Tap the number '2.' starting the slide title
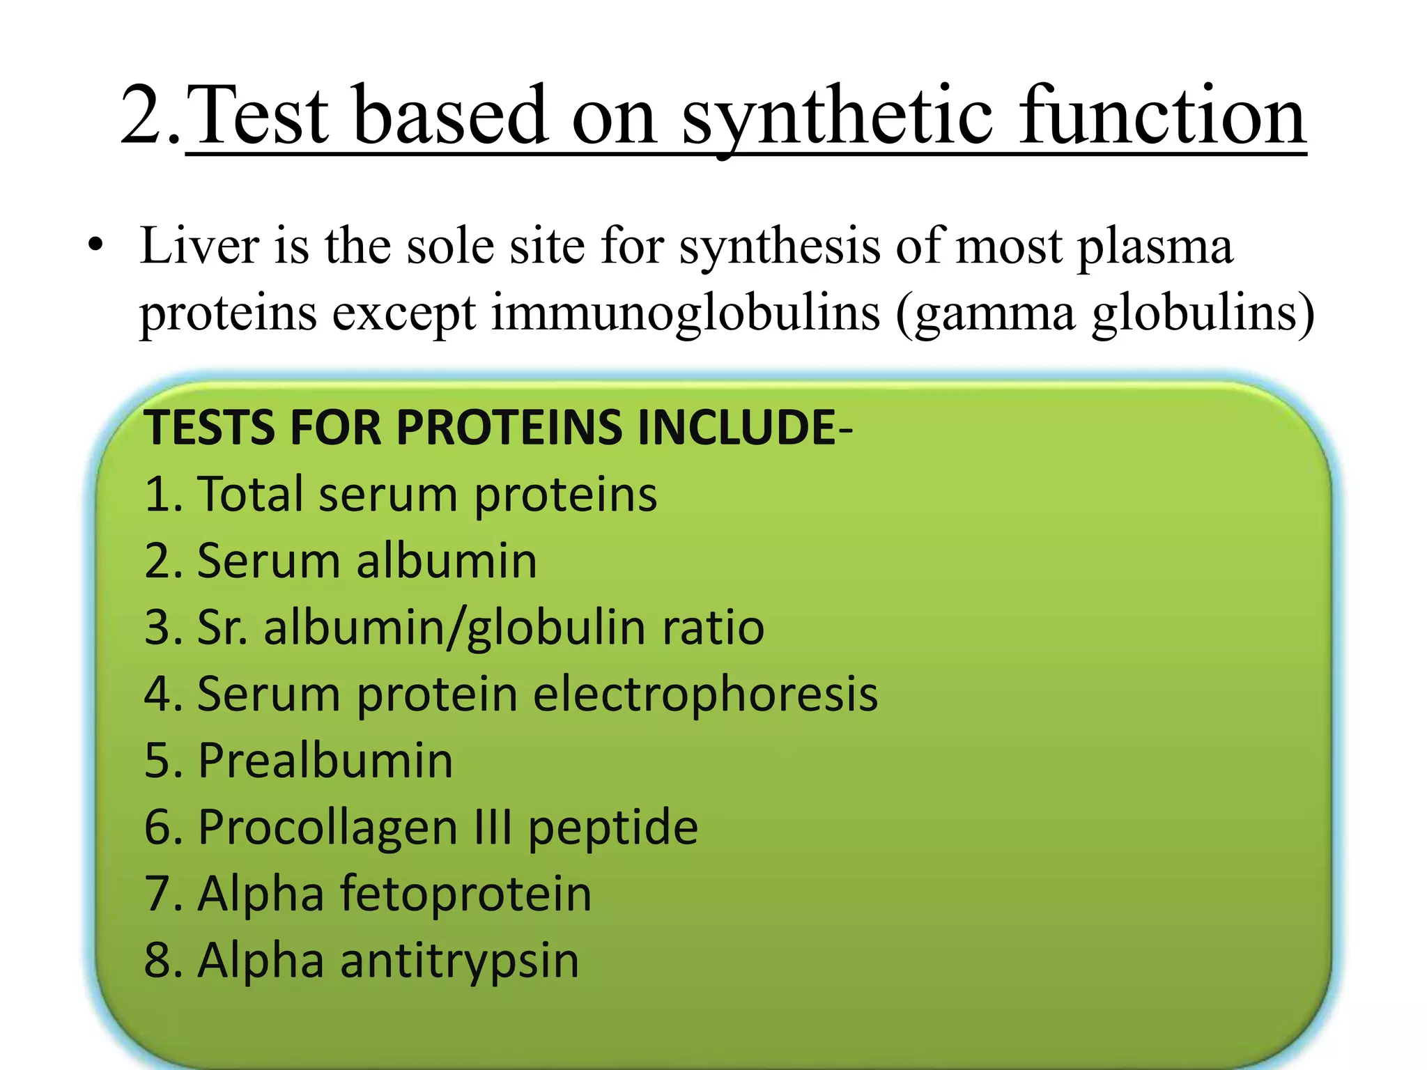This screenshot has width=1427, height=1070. tap(150, 115)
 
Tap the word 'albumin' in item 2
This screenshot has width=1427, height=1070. tap(447, 560)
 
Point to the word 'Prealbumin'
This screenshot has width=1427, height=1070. tap(325, 760)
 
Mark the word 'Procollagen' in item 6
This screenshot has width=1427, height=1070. tap(328, 827)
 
